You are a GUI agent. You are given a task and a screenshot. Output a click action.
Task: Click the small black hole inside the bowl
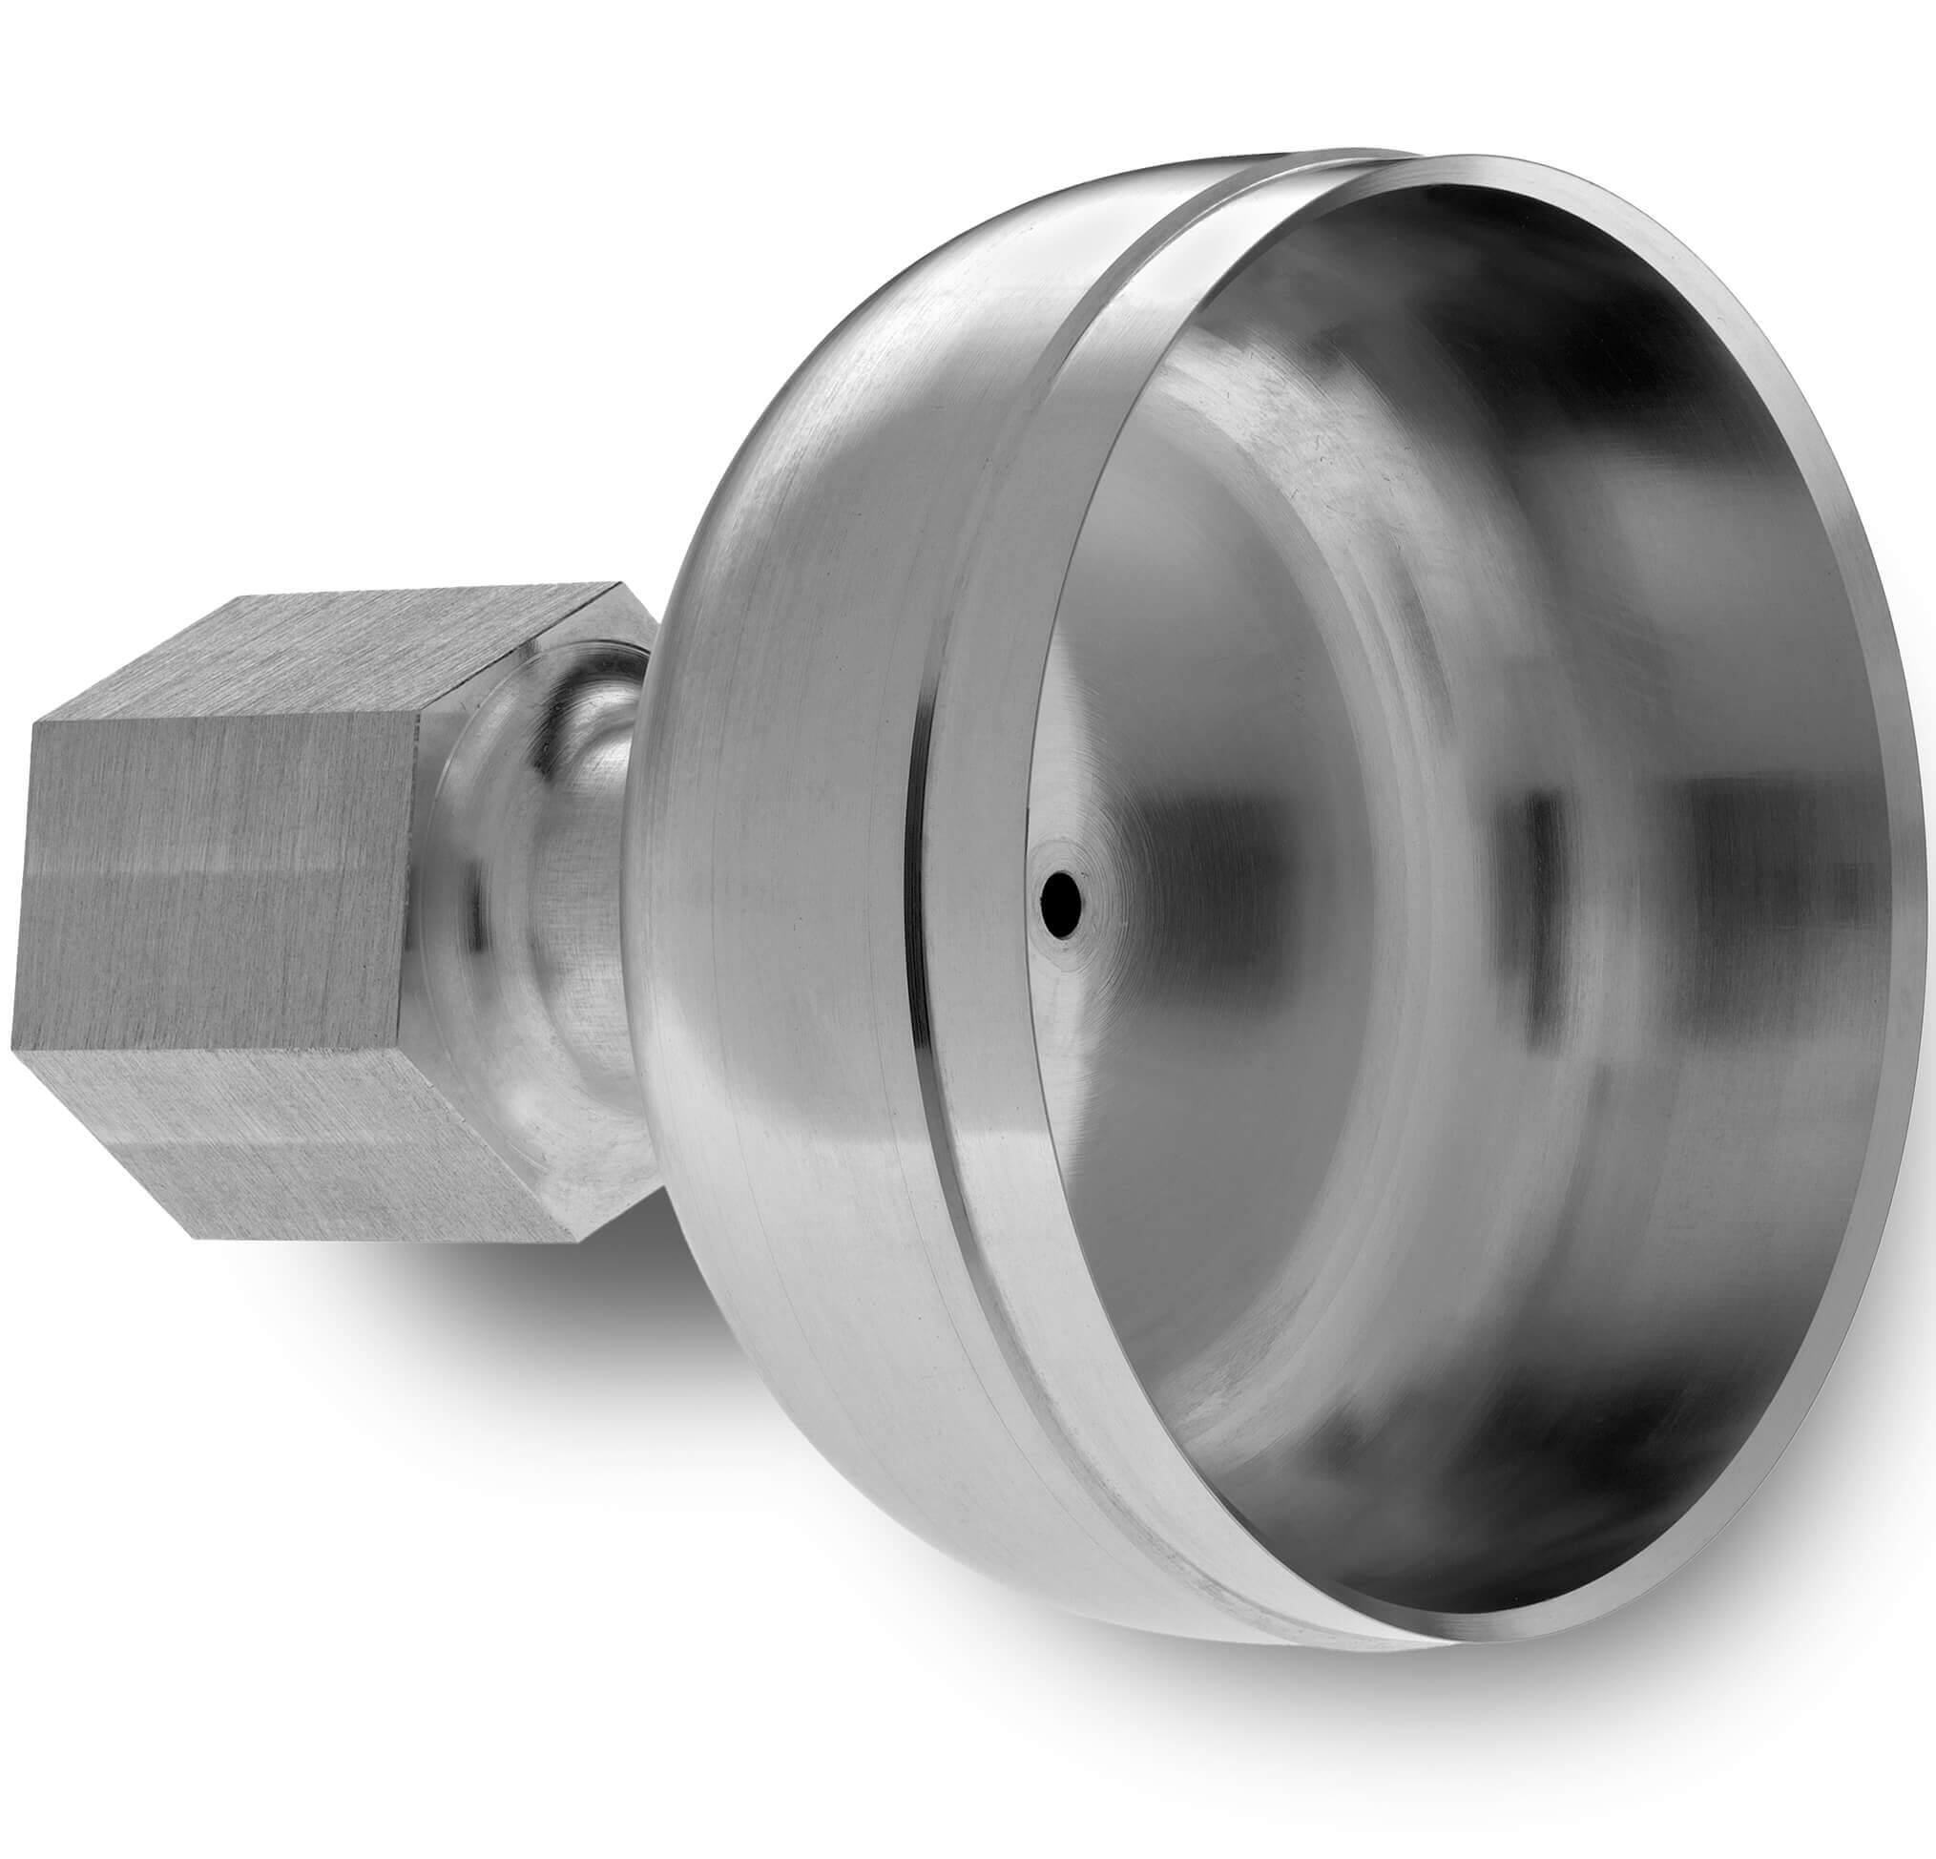[x=1061, y=895]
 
